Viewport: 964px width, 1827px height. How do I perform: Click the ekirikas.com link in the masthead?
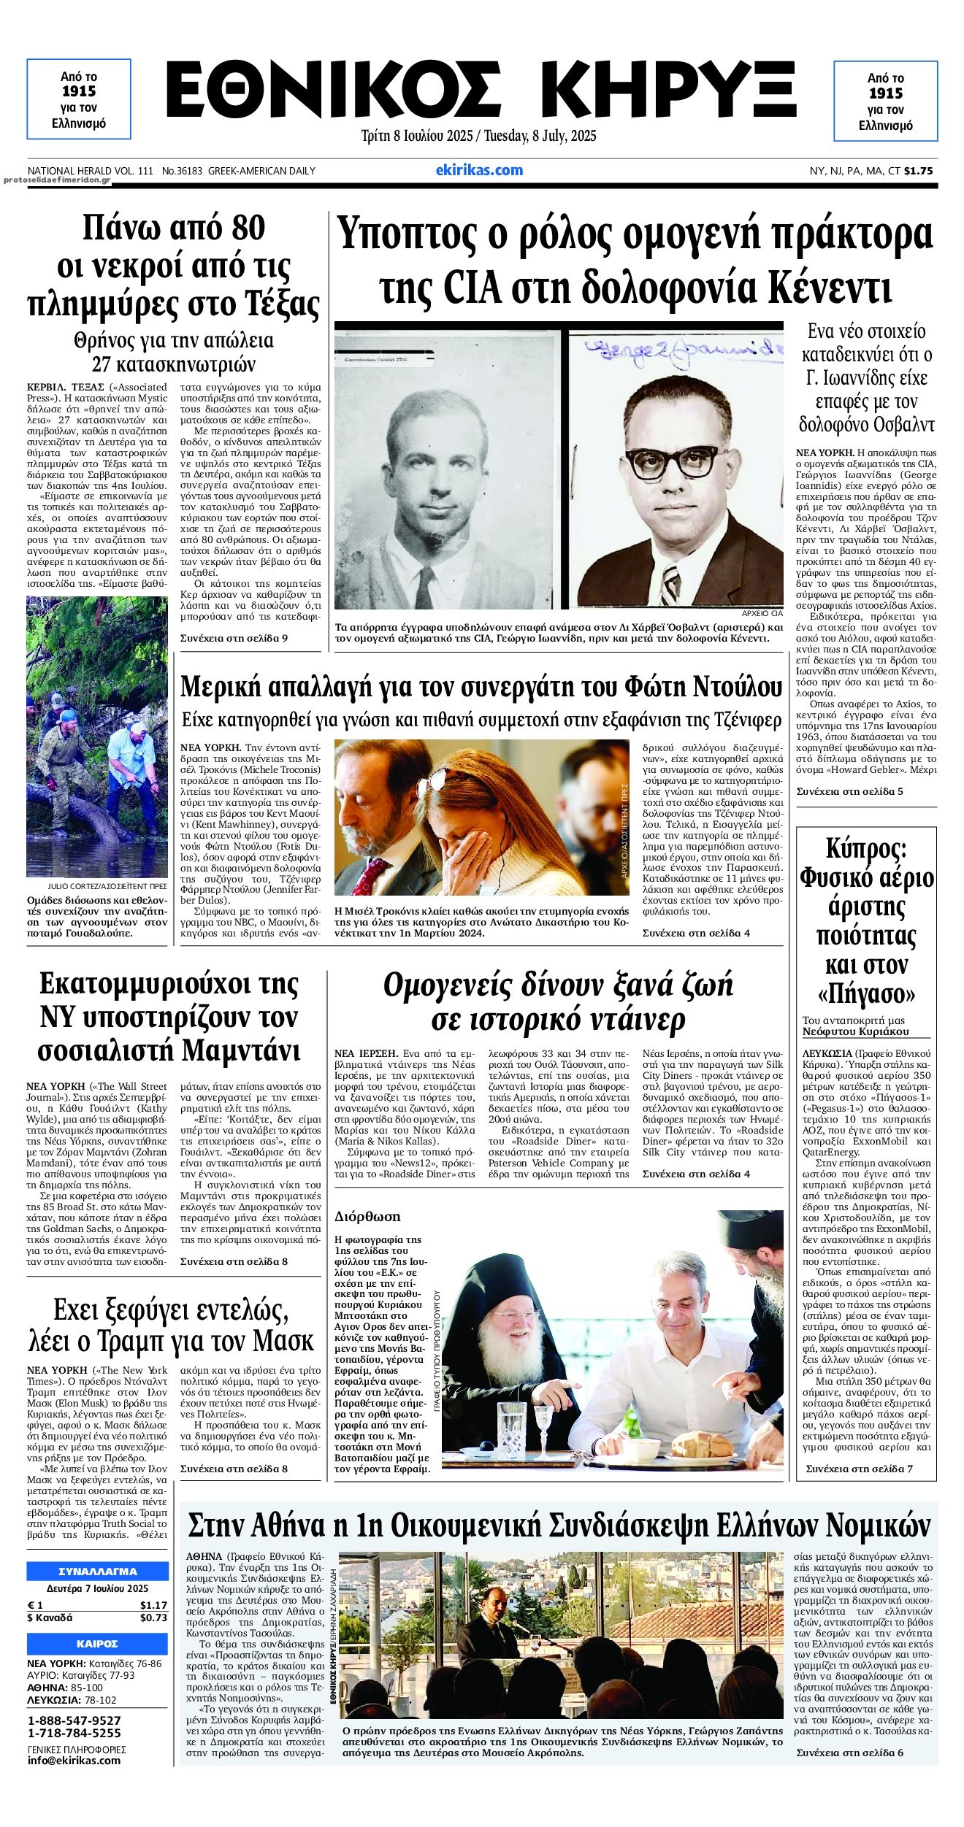pyautogui.click(x=479, y=170)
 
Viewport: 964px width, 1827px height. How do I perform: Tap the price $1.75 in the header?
pyautogui.click(x=918, y=171)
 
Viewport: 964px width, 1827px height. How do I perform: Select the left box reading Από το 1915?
pyautogui.click(x=79, y=99)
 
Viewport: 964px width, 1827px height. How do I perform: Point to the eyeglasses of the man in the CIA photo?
pyautogui.click(x=672, y=461)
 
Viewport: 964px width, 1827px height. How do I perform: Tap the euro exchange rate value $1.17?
pyautogui.click(x=153, y=1605)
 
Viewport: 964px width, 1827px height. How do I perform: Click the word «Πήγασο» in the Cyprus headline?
pyautogui.click(x=866, y=993)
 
